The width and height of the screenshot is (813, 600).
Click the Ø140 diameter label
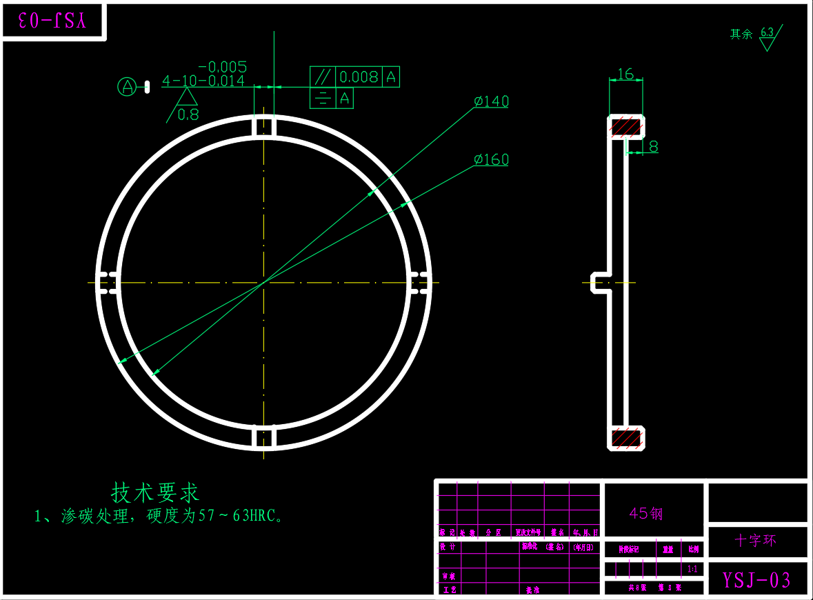tap(491, 101)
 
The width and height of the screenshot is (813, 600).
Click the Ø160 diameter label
tap(491, 159)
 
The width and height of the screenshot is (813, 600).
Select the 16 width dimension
tap(625, 74)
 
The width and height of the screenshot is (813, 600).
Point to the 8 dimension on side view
tap(653, 146)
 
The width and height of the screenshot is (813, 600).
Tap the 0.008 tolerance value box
tap(359, 77)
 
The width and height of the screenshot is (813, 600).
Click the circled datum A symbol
tap(127, 86)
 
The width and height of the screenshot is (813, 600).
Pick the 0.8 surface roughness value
tap(188, 115)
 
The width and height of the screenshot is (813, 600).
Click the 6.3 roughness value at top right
tap(767, 32)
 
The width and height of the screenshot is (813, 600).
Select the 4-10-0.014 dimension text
tap(203, 81)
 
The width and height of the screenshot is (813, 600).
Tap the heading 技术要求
tap(155, 492)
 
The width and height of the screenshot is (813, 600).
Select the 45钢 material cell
tap(646, 514)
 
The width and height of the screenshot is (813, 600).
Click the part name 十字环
tap(756, 541)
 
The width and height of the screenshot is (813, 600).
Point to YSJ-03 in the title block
tap(756, 580)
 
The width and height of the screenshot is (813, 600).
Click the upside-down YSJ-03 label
tap(52, 21)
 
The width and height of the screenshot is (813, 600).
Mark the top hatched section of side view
tap(625, 127)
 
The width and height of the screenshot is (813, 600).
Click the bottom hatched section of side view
tap(625, 437)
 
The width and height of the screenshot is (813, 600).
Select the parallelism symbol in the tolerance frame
tap(322, 77)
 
